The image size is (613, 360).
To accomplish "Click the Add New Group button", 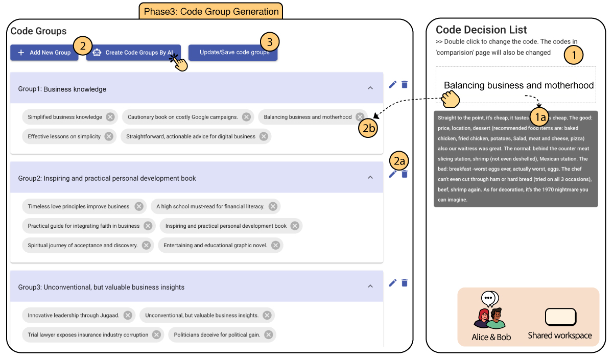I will (x=44, y=53).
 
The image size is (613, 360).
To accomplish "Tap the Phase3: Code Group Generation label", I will (x=210, y=11).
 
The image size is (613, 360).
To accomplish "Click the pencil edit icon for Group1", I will (x=392, y=85).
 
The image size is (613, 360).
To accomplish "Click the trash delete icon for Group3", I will (x=405, y=283).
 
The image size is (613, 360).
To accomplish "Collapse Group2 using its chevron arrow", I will (x=370, y=178).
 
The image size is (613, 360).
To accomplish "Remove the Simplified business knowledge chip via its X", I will (x=110, y=117).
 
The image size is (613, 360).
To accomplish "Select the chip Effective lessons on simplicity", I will (x=64, y=136).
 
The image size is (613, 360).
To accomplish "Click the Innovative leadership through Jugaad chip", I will (x=74, y=316).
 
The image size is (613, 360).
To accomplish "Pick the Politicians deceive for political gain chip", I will (x=217, y=335).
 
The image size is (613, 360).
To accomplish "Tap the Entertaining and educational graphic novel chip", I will (x=215, y=246).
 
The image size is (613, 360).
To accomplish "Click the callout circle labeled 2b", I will (x=369, y=128).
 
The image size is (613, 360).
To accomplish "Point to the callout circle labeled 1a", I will (x=540, y=117).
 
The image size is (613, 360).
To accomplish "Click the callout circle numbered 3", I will (x=270, y=41).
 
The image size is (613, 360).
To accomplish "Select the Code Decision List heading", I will (x=481, y=30).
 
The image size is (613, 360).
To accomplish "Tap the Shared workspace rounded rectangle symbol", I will (x=560, y=317).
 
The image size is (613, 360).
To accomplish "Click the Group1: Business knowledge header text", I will (x=62, y=89).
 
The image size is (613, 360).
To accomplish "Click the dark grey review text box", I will (x=515, y=158).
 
